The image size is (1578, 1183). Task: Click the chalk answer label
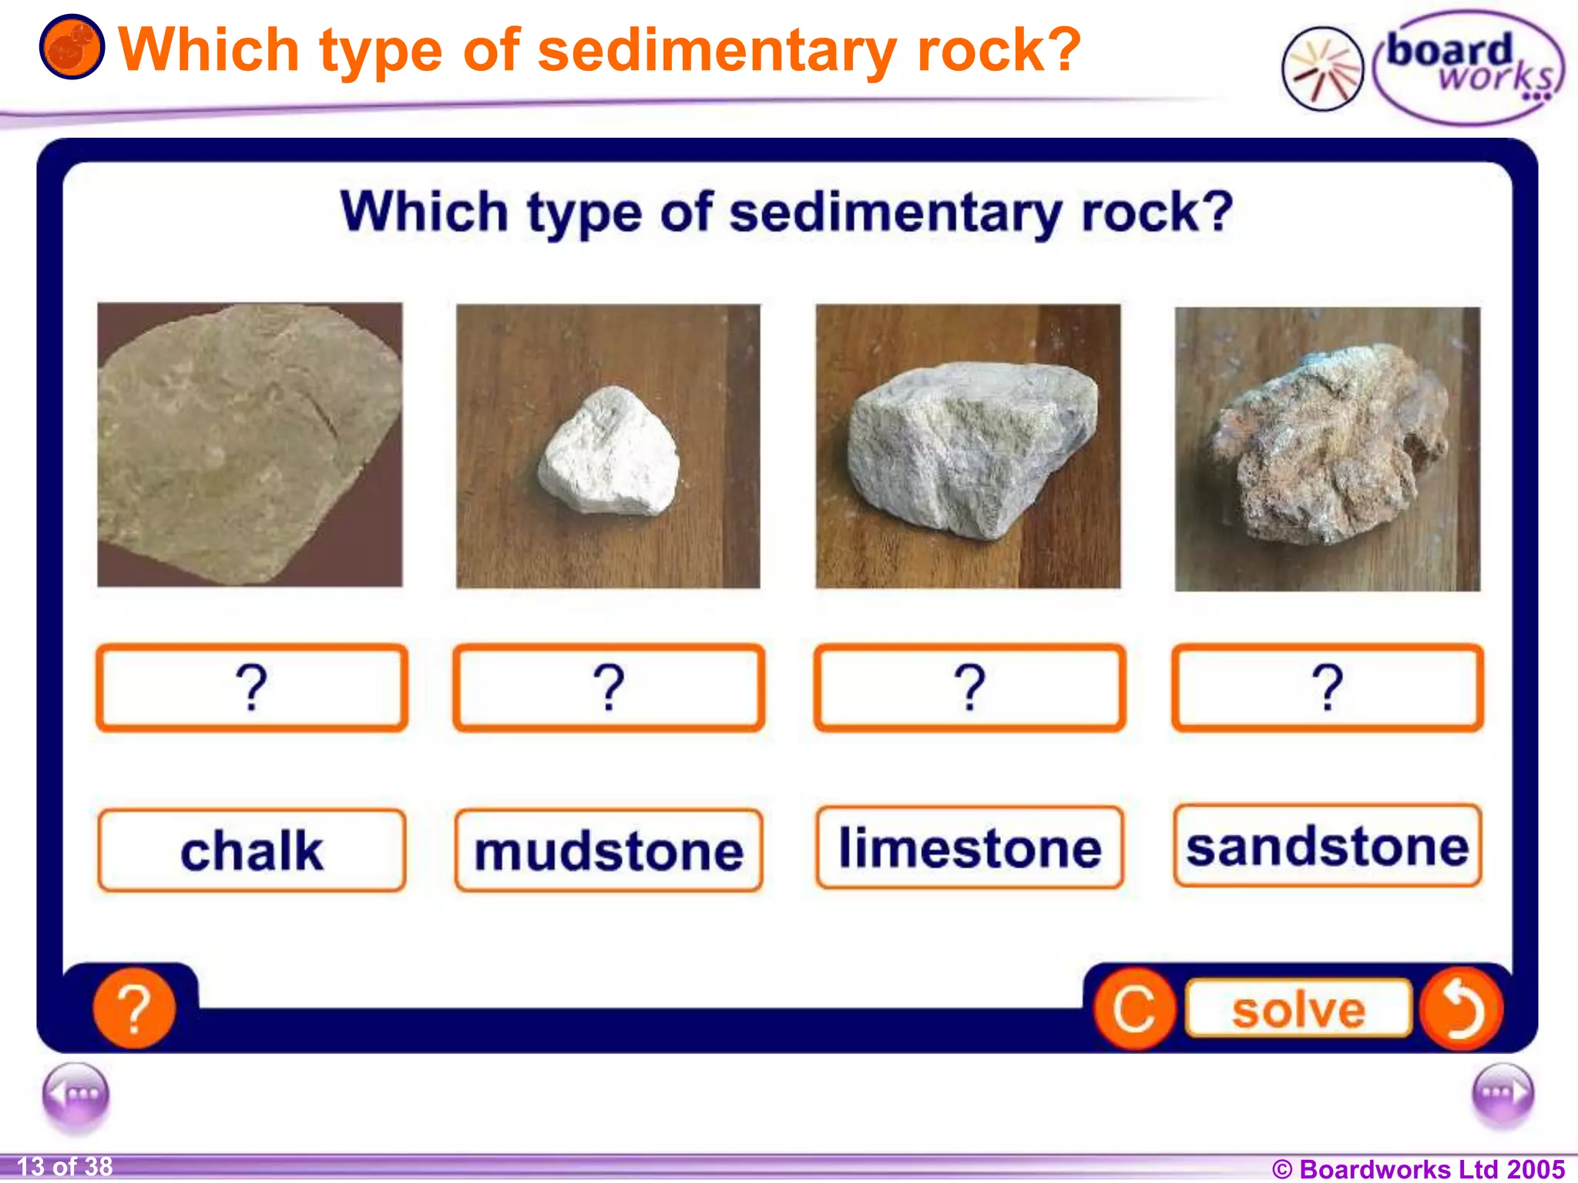click(251, 851)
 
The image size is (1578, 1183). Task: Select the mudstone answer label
click(609, 851)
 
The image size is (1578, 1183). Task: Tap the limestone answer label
click(969, 848)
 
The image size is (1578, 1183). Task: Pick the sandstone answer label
click(1327, 846)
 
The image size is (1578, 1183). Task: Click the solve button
click(1298, 1009)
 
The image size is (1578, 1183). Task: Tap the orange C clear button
click(1134, 1009)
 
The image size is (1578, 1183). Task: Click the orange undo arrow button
click(1461, 1009)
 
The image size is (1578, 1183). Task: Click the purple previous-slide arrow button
click(76, 1094)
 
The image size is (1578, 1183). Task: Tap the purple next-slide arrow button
click(1502, 1093)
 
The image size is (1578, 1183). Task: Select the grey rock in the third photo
click(971, 447)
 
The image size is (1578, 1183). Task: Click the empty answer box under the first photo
click(251, 688)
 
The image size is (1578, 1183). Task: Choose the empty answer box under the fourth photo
click(1327, 688)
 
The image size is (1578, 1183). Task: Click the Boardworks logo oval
click(1468, 68)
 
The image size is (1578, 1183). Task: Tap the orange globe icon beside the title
click(72, 47)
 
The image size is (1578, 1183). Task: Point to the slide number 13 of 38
click(65, 1167)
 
